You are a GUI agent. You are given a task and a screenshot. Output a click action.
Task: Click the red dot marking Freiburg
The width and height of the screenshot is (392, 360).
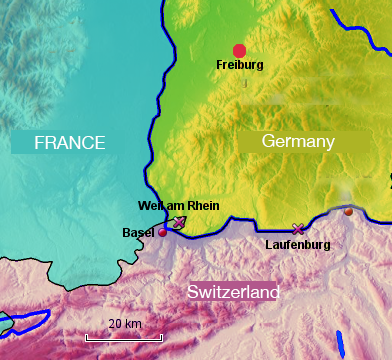click(x=239, y=51)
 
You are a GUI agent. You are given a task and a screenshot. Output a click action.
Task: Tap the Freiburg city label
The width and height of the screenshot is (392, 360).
click(x=239, y=65)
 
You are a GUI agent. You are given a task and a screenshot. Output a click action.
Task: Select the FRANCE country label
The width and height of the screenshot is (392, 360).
click(x=70, y=143)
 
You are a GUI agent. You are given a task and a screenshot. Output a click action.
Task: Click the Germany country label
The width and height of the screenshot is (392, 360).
click(x=297, y=142)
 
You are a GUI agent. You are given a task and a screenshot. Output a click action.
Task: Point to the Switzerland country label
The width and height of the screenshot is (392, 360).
click(x=234, y=292)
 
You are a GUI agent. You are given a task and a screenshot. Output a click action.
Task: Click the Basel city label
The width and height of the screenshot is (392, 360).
click(x=138, y=232)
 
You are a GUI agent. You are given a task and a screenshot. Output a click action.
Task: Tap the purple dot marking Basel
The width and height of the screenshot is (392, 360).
click(x=162, y=232)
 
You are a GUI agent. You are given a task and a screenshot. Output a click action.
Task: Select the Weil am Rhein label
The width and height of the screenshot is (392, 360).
click(x=178, y=207)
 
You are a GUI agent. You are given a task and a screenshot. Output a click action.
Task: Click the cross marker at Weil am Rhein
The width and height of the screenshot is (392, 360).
click(x=179, y=222)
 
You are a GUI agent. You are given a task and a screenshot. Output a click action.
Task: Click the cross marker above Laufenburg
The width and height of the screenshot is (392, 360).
click(x=297, y=229)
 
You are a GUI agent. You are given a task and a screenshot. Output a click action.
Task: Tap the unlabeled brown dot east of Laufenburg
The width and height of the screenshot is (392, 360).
click(x=348, y=212)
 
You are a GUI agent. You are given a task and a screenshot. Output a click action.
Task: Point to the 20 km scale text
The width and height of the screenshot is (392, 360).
click(x=125, y=324)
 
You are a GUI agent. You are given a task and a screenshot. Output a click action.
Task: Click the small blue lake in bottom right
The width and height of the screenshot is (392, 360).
click(x=340, y=343)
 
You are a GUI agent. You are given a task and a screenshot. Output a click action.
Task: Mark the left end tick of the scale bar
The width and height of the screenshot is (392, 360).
click(x=87, y=337)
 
